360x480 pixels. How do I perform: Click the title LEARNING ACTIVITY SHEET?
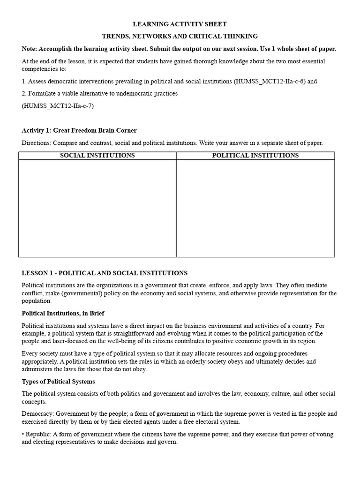[x=180, y=24]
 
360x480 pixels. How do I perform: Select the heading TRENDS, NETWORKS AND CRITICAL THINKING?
[x=180, y=36]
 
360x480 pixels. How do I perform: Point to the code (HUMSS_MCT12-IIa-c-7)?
[x=58, y=105]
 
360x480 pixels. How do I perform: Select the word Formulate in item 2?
[x=42, y=93]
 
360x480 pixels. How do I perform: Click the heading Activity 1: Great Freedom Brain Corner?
[x=79, y=130]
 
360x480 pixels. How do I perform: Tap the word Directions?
[x=37, y=143]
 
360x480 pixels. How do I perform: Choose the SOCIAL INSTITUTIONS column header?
[x=97, y=156]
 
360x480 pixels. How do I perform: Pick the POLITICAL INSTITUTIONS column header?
[x=255, y=156]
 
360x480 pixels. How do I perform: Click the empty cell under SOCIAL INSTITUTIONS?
[x=97, y=208]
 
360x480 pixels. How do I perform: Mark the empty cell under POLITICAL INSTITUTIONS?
[x=255, y=208]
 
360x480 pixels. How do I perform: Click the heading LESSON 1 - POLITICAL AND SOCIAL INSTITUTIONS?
[x=105, y=273]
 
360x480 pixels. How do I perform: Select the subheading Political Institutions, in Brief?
[x=63, y=313]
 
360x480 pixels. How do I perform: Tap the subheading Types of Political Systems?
[x=58, y=382]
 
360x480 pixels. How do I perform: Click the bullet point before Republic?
[x=23, y=435]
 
